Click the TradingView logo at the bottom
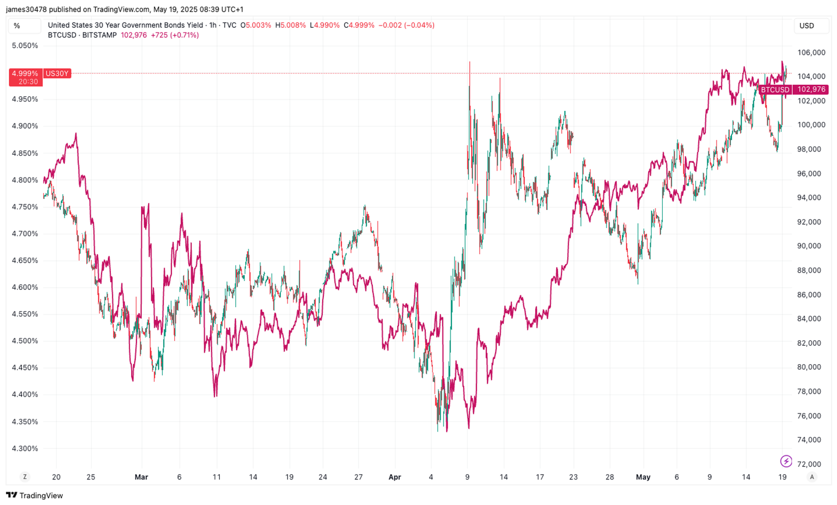click(35, 495)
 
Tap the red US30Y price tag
click(57, 73)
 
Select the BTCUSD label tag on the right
click(775, 89)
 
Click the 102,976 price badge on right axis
click(811, 89)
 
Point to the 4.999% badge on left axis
click(25, 73)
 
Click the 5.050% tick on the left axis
click(25, 46)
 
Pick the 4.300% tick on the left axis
click(25, 448)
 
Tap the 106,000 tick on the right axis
click(811, 52)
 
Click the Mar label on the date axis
click(141, 477)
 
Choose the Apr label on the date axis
click(395, 477)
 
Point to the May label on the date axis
click(643, 477)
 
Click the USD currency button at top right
click(807, 26)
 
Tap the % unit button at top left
click(17, 26)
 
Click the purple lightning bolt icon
click(786, 461)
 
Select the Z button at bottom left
click(25, 477)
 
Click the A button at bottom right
click(812, 477)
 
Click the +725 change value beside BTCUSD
click(160, 35)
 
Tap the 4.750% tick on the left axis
click(25, 207)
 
